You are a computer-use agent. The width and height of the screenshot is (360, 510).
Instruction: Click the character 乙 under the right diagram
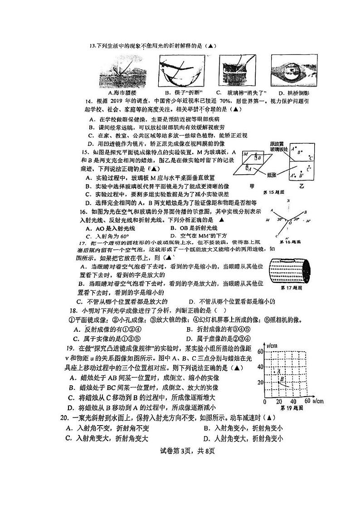tap(302, 186)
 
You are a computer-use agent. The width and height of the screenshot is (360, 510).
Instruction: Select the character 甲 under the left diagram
tap(253, 186)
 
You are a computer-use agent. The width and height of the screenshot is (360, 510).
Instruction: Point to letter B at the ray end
tap(306, 212)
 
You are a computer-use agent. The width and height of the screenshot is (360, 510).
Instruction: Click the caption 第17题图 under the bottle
tap(292, 288)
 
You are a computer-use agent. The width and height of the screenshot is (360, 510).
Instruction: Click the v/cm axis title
tap(271, 346)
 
